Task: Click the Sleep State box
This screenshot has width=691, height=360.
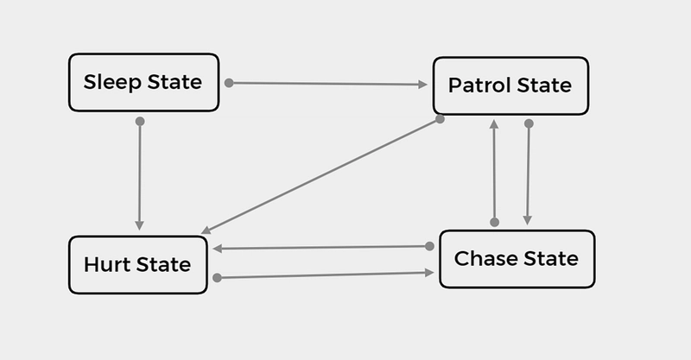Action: pos(143,82)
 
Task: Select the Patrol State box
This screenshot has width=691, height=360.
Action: pos(510,85)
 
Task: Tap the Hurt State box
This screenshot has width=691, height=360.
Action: pos(138,265)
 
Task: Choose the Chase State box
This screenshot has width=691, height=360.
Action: pos(517,259)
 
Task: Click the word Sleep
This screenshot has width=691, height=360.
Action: pos(112,82)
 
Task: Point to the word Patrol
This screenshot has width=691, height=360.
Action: pos(479,85)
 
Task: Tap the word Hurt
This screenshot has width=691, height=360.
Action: pos(107,265)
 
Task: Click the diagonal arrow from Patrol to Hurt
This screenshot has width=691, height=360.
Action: pos(320,176)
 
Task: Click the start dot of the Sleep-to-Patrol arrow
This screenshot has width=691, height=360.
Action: pos(229,82)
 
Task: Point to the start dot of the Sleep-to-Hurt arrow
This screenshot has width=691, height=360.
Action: pos(140,121)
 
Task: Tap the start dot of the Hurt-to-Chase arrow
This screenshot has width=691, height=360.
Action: pos(217,278)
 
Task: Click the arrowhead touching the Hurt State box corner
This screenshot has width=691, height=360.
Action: pos(206,230)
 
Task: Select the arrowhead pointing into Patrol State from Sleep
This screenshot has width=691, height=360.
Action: pos(422,84)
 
